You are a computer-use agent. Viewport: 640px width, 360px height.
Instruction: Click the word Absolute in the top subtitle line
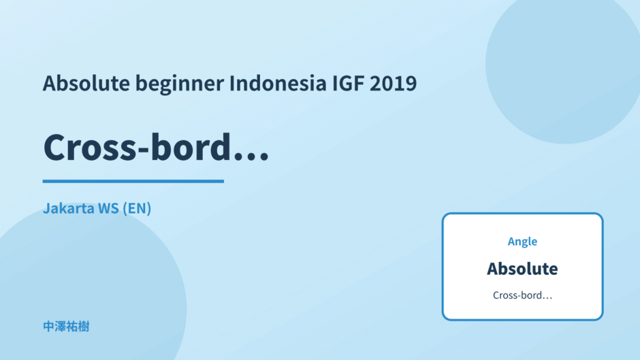86,83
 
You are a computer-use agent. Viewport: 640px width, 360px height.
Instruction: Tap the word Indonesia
278,83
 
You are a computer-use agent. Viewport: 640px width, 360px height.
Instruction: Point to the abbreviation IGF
348,83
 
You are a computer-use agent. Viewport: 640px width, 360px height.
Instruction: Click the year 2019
394,83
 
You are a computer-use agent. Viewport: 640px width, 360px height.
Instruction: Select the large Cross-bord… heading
156,147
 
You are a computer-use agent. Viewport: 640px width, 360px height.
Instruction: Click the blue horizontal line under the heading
133,181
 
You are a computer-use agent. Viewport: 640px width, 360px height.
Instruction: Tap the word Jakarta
69,208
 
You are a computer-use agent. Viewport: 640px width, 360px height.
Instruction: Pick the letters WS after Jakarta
108,208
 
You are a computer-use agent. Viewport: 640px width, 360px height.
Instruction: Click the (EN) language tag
137,208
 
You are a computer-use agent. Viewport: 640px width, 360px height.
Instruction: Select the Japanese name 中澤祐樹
66,327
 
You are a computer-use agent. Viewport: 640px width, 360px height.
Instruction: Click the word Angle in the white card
522,242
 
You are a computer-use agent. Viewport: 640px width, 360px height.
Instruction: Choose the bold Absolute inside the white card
522,269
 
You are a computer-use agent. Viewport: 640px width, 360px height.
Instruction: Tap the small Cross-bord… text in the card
522,295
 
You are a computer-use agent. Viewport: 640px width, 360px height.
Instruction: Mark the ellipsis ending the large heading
251,156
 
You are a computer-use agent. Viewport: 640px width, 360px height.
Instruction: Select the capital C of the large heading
56,147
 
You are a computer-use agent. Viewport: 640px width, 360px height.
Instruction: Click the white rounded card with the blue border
522,267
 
